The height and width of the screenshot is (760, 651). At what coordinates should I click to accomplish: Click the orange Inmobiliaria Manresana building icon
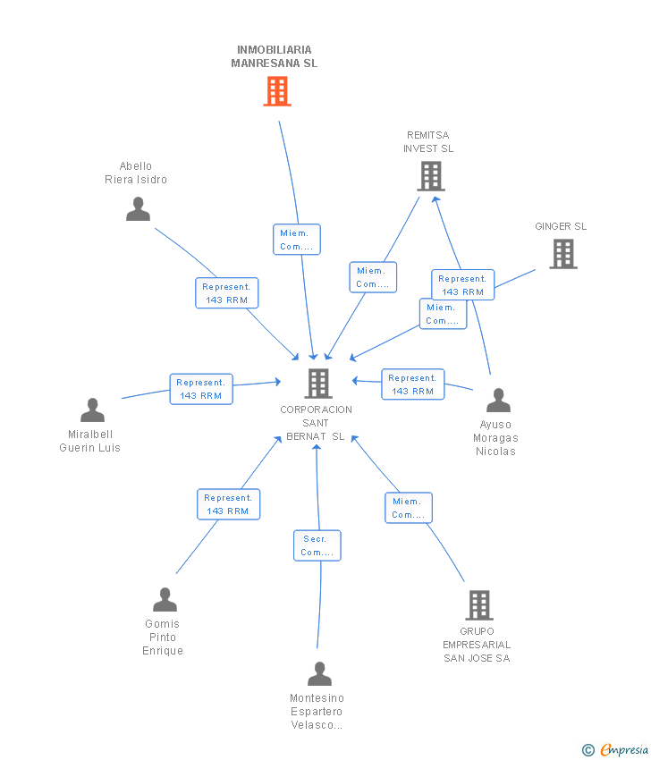[277, 91]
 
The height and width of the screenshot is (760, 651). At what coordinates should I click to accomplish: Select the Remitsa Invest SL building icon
[431, 176]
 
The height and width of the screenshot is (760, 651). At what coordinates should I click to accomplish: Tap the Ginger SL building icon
[563, 254]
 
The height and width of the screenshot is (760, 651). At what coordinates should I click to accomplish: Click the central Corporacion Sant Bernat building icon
[318, 384]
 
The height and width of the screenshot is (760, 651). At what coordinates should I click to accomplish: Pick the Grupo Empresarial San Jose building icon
[479, 605]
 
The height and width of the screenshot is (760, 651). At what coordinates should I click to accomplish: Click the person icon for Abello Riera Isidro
[138, 209]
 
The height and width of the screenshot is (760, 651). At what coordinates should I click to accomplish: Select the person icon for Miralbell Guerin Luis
[93, 410]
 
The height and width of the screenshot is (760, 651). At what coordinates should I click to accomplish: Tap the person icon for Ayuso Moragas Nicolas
[498, 400]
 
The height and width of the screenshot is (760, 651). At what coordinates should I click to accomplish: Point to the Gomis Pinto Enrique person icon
[165, 600]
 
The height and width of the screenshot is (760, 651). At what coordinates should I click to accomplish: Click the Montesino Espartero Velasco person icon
[319, 674]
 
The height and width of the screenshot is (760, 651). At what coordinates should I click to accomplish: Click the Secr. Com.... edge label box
[317, 545]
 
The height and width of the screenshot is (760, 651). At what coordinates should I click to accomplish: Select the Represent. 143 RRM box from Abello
[227, 293]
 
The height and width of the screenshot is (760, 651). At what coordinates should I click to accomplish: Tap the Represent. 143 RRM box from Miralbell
[201, 389]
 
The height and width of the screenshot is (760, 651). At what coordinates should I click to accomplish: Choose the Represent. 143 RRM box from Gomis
[228, 504]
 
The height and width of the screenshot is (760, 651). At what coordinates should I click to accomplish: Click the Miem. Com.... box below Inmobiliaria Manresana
[297, 240]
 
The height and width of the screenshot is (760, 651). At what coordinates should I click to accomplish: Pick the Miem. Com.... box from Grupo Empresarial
[409, 508]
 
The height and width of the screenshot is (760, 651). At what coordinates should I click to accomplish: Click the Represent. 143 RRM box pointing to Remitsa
[463, 285]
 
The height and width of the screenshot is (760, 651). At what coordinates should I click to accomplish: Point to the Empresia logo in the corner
[615, 750]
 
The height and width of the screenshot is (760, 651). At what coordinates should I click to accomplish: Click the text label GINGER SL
[561, 226]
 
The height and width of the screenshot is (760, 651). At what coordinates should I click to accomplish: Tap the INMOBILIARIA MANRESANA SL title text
[275, 56]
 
